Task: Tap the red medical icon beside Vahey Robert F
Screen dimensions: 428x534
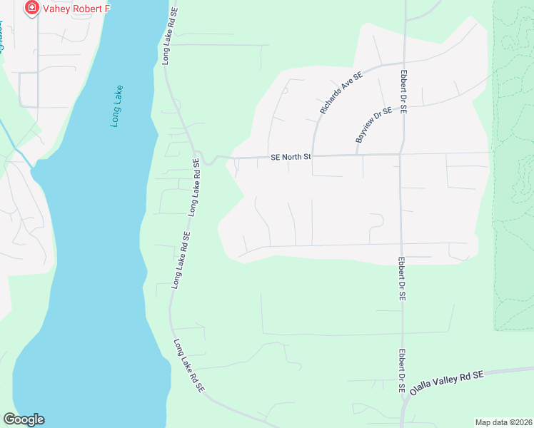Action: click(x=31, y=9)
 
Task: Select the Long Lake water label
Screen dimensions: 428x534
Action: click(x=117, y=107)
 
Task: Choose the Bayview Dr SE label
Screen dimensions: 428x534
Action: click(x=373, y=124)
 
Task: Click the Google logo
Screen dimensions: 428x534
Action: click(x=24, y=419)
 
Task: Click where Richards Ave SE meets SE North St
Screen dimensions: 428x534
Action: click(x=313, y=155)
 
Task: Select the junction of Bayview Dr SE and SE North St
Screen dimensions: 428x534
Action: click(x=356, y=154)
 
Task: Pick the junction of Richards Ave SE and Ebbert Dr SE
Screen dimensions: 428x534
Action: click(x=404, y=63)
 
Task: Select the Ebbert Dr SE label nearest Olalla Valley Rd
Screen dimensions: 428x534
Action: click(x=402, y=372)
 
